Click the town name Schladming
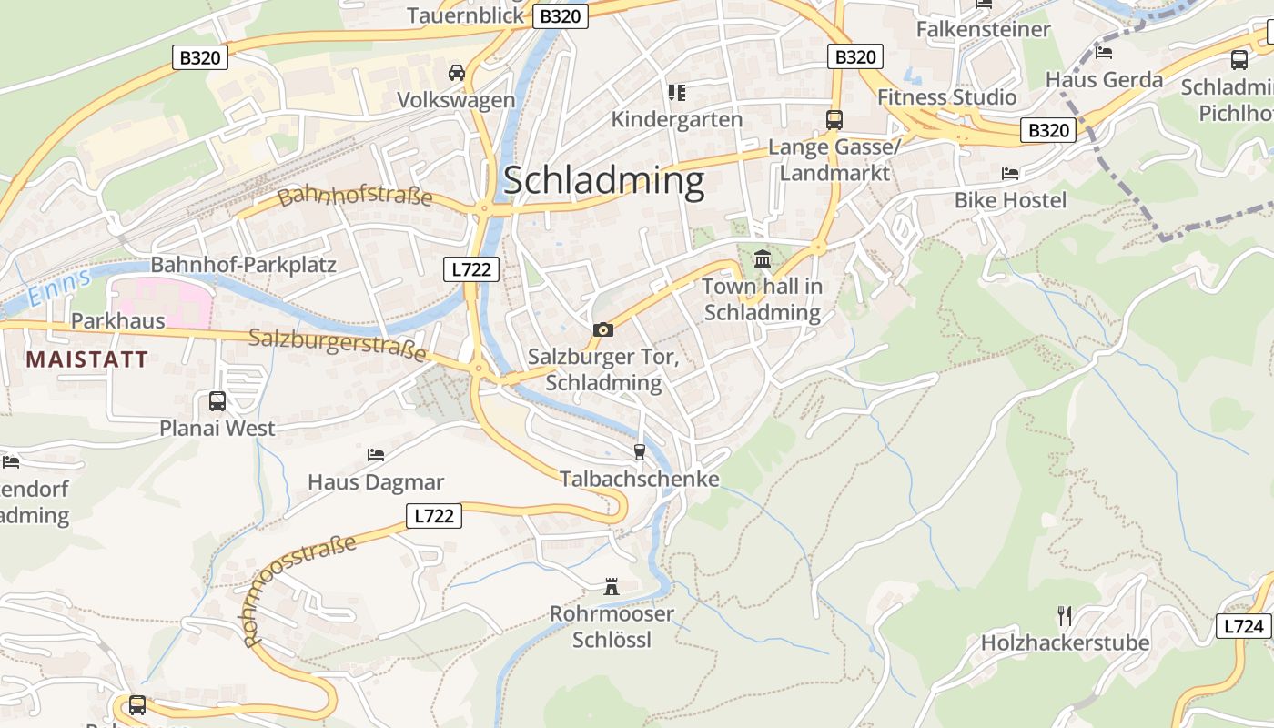[x=603, y=180]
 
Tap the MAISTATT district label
[x=86, y=359]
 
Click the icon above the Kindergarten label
[x=676, y=92]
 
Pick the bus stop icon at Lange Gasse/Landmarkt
[x=834, y=119]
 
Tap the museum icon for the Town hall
[x=763, y=259]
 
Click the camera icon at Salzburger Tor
[x=602, y=329]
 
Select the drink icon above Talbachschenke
[x=639, y=452]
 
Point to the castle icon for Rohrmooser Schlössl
[x=612, y=587]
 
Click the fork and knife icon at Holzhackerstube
[x=1065, y=616]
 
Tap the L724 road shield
[x=1243, y=626]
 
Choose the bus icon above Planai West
[x=217, y=400]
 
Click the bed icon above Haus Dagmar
[x=376, y=454]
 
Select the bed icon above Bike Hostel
[x=1010, y=173]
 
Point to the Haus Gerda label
[x=1104, y=79]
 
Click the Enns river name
[x=59, y=287]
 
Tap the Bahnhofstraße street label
[x=355, y=196]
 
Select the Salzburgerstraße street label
[x=338, y=344]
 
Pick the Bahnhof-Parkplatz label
[x=243, y=265]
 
